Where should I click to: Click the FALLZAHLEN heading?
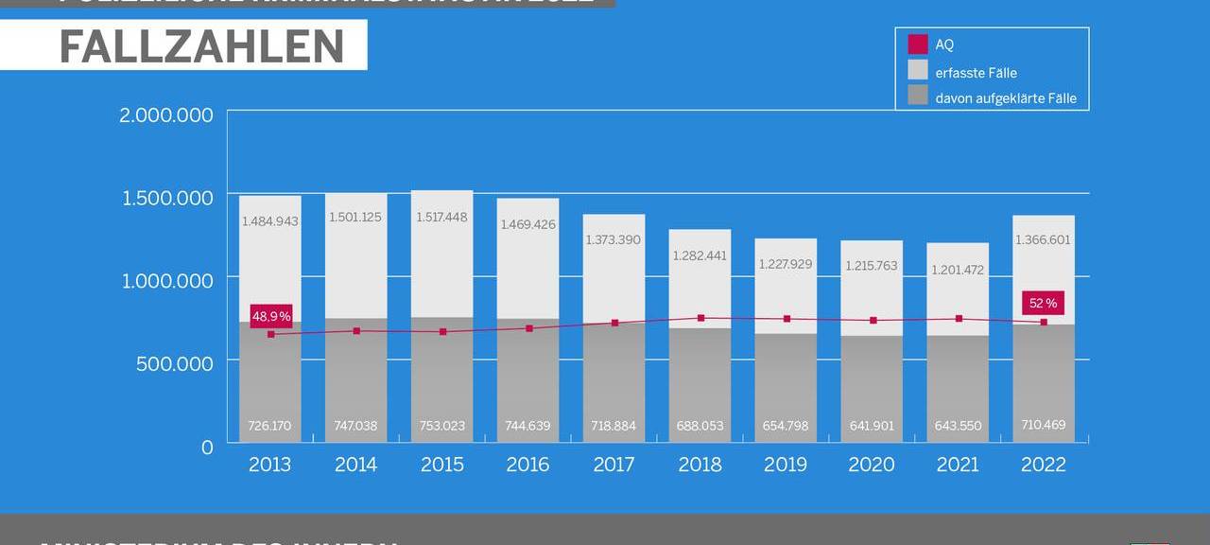tap(201, 46)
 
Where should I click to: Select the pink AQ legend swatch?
tap(917, 44)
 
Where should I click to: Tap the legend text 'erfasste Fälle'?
tap(976, 73)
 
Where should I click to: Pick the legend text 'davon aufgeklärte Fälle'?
tap(1005, 98)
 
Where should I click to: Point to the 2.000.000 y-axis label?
tap(166, 115)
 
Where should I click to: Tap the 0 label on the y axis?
tap(207, 447)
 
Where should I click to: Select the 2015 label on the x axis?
tap(441, 465)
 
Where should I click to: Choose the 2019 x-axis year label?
tap(786, 465)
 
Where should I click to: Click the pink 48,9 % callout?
tap(270, 316)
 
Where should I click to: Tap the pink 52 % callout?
tap(1043, 303)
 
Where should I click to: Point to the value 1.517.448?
tap(441, 218)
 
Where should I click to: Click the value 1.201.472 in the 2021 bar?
tap(958, 270)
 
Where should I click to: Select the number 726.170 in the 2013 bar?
tap(269, 426)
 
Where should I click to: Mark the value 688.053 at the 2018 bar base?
tap(700, 426)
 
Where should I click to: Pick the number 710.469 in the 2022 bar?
tap(1044, 425)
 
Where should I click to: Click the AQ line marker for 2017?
tap(614, 323)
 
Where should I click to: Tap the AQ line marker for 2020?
tap(873, 321)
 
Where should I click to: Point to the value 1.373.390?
tap(614, 240)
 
